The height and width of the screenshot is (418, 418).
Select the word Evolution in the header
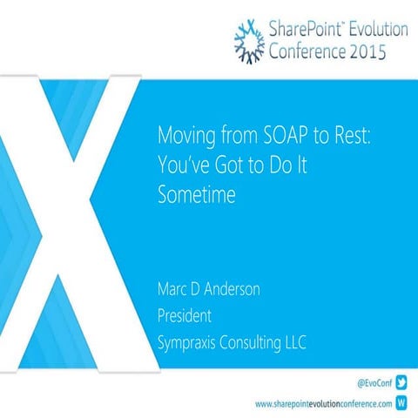pos(375,29)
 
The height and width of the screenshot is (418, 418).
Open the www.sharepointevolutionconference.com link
pos(321,404)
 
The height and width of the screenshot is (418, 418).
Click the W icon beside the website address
pos(401,403)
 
